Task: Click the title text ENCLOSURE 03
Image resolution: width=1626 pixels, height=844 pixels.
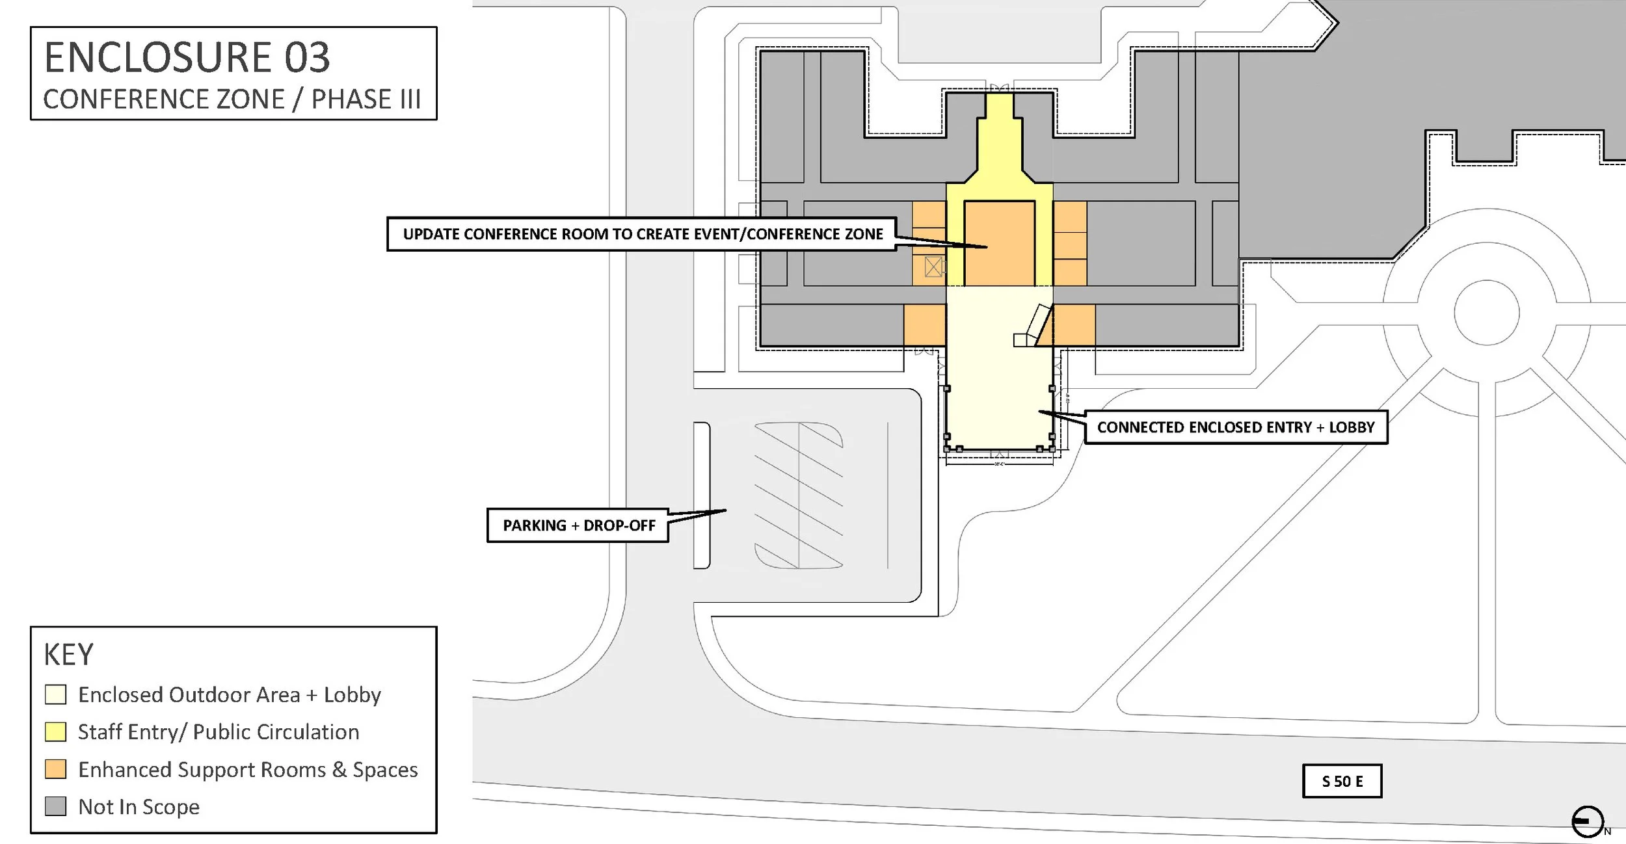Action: [x=187, y=57]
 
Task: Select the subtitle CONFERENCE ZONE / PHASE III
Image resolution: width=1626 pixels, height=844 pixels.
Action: [x=232, y=99]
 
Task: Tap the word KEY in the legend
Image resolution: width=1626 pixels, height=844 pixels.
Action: [x=68, y=655]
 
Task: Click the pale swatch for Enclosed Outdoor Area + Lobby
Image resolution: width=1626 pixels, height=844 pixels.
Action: [x=55, y=694]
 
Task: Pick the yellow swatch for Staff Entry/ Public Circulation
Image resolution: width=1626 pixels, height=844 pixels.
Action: [x=55, y=732]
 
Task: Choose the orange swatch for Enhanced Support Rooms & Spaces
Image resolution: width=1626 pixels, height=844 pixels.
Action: [x=55, y=769]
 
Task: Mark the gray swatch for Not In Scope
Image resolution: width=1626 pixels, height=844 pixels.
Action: [x=55, y=806]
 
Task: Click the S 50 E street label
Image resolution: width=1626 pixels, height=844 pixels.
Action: [x=1342, y=781]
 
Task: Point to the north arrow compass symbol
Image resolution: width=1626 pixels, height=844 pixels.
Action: [x=1588, y=822]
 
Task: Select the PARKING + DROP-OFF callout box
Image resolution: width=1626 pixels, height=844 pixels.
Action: [x=578, y=525]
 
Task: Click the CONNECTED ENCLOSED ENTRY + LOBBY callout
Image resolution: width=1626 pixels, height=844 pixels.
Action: [x=1236, y=427]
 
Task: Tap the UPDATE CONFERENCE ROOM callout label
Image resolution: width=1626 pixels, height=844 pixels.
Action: [x=643, y=234]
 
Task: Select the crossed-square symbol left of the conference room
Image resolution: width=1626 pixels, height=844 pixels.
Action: [x=934, y=267]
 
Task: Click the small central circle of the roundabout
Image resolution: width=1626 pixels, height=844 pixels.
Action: [x=1486, y=313]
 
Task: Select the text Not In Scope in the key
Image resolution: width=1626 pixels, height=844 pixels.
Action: [x=139, y=807]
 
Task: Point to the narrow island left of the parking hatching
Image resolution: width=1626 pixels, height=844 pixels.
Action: [x=702, y=495]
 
